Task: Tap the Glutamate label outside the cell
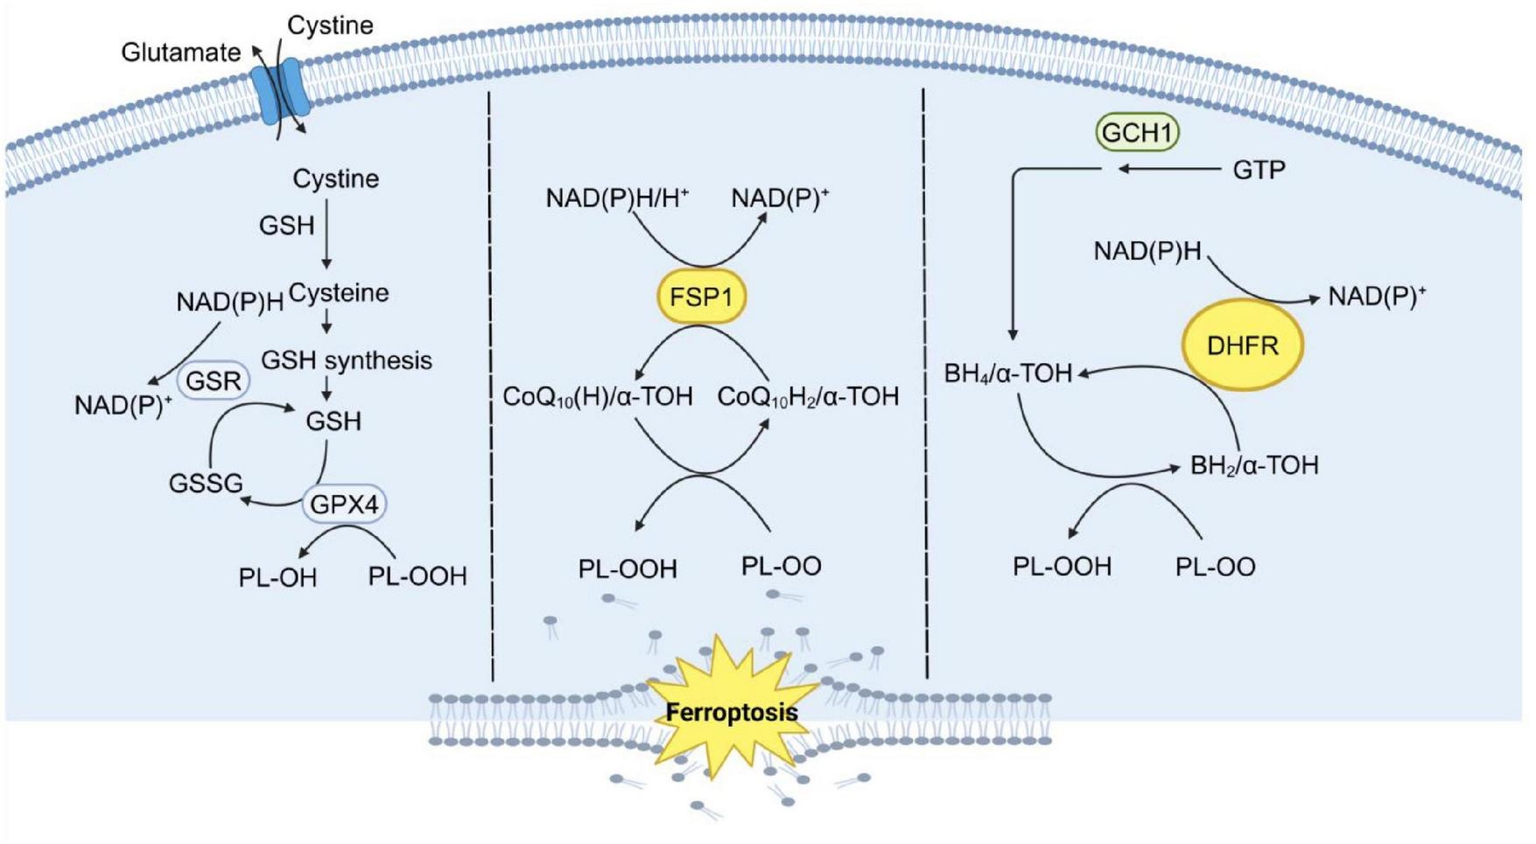[x=180, y=52]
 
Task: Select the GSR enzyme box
[x=214, y=381]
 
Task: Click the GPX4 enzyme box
[x=344, y=504]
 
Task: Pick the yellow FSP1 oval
[x=701, y=297]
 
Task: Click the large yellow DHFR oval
[x=1242, y=345]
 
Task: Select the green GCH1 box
[x=1136, y=132]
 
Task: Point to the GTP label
[x=1259, y=170]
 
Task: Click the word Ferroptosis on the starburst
[x=732, y=712]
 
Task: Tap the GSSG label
[x=206, y=483]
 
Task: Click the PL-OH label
[x=277, y=578]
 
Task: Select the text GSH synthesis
[x=347, y=360]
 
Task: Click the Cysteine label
[x=339, y=293]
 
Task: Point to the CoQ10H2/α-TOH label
[x=808, y=397]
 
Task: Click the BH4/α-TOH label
[x=1007, y=374]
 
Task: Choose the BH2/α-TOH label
[x=1253, y=465]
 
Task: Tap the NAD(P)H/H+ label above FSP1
[x=617, y=199]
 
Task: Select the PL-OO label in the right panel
[x=1215, y=567]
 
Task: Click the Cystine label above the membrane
[x=330, y=25]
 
